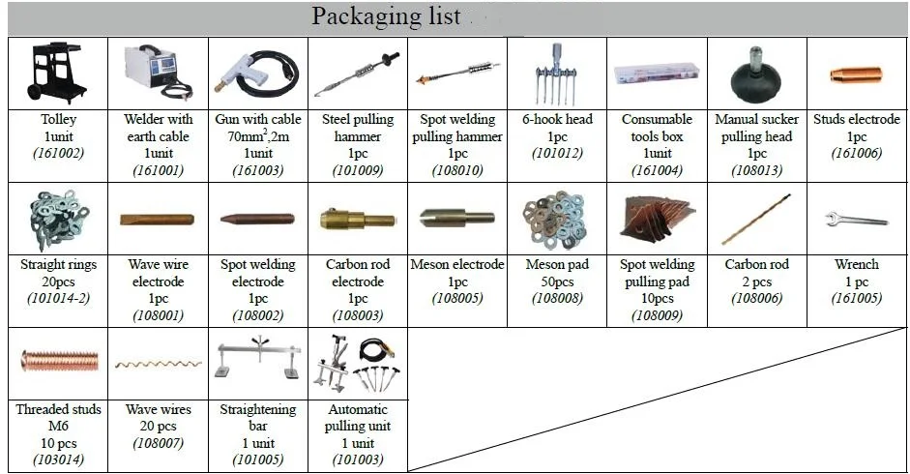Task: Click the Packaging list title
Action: pos(386,16)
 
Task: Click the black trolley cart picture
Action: pos(57,73)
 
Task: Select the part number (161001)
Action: pos(158,170)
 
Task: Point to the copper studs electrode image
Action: pos(856,74)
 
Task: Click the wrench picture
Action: pos(857,220)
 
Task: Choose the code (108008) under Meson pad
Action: pos(557,298)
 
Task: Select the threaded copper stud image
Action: pos(59,361)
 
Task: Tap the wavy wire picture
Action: pos(159,365)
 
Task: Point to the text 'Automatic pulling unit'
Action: pos(358,417)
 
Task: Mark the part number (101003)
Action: pos(358,459)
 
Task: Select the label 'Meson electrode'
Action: pos(457,264)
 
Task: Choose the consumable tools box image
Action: pos(657,74)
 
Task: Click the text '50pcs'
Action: pos(557,281)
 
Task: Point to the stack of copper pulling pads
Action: pos(657,219)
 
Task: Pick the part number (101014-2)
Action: pos(58,298)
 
